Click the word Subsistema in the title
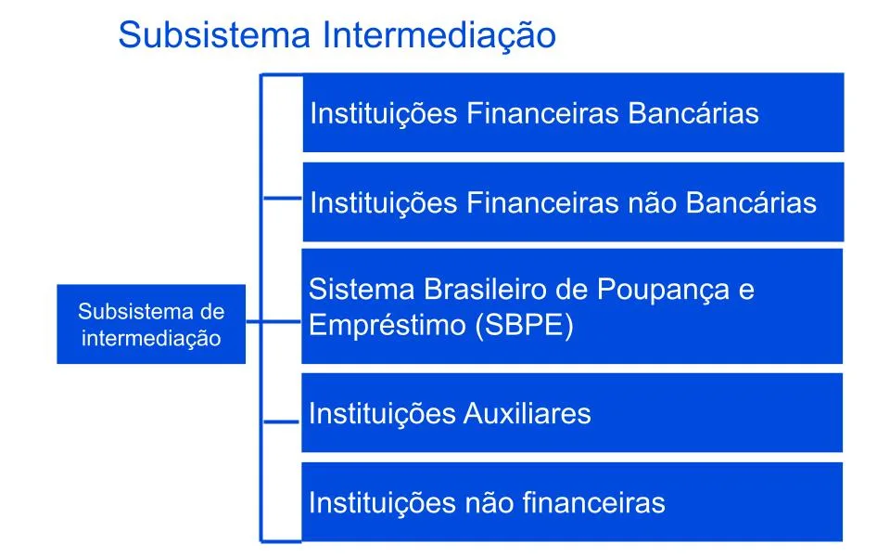point(214,34)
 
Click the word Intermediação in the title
point(439,36)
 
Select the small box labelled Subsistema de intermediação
point(151,324)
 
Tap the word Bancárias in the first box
point(693,113)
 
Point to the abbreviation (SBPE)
point(524,326)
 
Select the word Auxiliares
point(527,413)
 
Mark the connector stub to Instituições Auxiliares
point(281,421)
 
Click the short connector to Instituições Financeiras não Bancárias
point(283,198)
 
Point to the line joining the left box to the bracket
point(273,322)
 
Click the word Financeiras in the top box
point(542,113)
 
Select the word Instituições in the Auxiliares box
point(383,413)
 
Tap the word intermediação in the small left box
point(151,339)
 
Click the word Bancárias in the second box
point(751,203)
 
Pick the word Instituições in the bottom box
point(383,503)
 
